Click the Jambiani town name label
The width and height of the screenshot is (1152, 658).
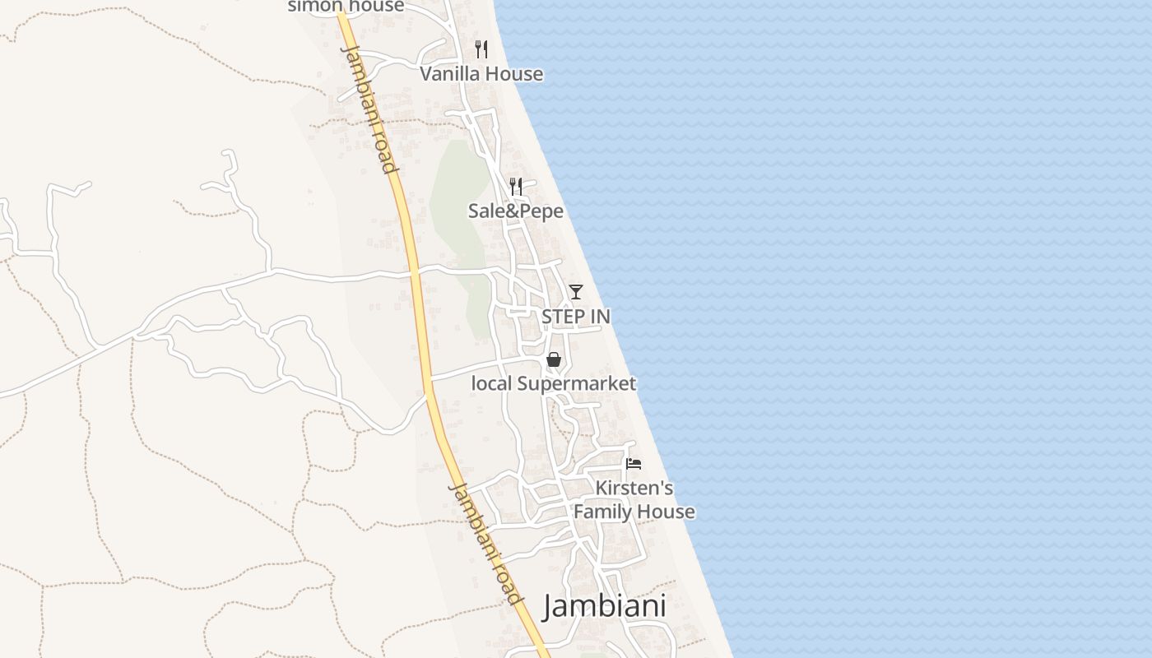604,607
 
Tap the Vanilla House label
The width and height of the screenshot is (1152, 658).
481,74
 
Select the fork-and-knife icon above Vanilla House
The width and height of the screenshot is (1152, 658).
481,49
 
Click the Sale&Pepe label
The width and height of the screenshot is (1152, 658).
516,211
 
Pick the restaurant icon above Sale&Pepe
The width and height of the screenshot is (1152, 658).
516,187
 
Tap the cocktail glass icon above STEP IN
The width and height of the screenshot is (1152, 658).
576,292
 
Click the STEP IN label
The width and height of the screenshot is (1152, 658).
576,317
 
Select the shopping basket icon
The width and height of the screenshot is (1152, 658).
554,359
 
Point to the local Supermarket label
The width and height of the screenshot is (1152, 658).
553,383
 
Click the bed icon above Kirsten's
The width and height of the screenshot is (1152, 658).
634,464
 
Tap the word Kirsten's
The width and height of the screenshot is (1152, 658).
634,489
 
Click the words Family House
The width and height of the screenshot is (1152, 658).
634,512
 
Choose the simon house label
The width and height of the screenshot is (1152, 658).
346,7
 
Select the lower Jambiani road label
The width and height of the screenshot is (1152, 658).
485,544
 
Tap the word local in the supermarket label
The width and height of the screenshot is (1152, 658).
490,383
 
